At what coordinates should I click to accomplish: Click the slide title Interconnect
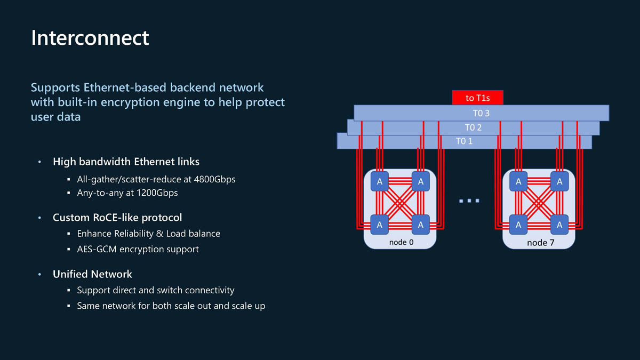point(90,38)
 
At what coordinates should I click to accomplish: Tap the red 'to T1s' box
point(477,98)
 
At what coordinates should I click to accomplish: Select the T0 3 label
point(481,113)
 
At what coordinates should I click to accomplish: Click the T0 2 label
point(473,127)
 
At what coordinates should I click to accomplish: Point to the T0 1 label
point(464,141)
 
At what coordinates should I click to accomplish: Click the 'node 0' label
point(401,242)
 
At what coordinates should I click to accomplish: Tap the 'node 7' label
point(540,243)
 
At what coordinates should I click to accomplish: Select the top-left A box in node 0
point(380,182)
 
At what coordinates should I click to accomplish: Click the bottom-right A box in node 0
point(421,225)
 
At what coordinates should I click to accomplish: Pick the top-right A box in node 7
point(559,182)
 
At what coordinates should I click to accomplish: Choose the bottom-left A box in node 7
point(518,225)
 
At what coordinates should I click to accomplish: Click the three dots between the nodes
point(469,201)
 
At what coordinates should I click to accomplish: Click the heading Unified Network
point(92,274)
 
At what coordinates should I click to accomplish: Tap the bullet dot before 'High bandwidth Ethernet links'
point(39,162)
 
